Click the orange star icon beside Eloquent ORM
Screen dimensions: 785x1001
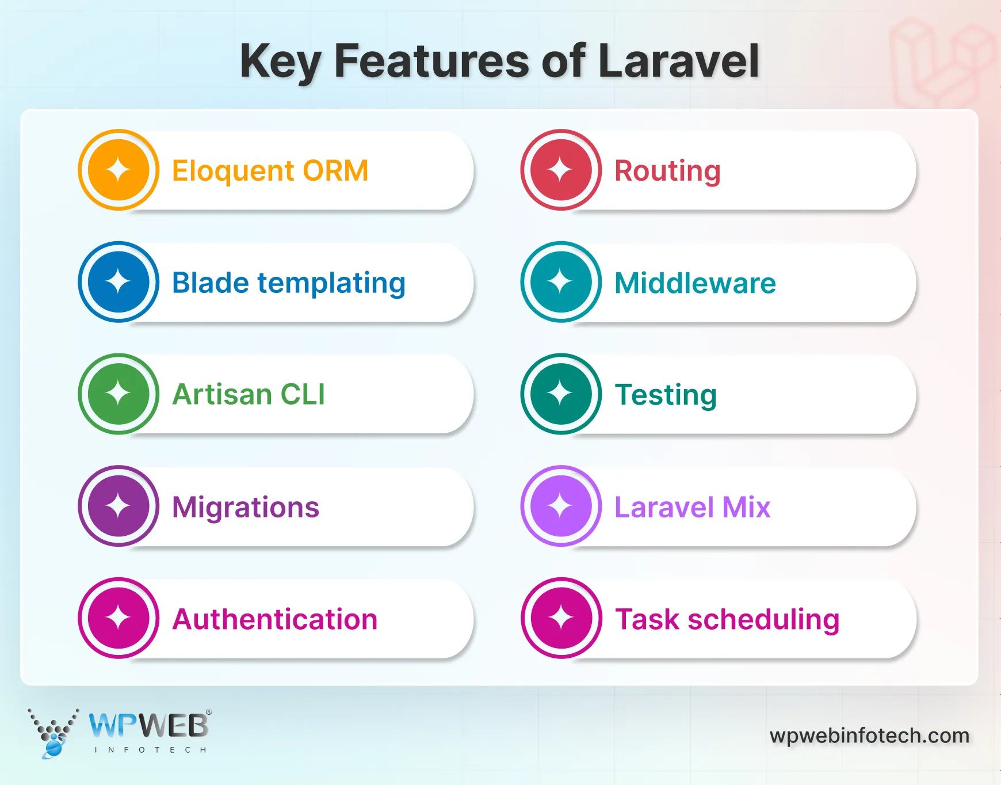click(119, 170)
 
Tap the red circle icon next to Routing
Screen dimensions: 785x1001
click(561, 170)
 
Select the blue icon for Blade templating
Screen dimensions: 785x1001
click(119, 282)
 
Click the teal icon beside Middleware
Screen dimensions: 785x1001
click(561, 282)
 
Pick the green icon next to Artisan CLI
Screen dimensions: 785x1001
click(119, 394)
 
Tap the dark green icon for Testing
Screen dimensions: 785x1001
click(561, 394)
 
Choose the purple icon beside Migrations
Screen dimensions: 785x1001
click(119, 506)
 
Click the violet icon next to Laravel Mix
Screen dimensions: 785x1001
click(561, 506)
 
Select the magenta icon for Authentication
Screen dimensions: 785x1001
click(119, 618)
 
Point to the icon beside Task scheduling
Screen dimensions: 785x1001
click(561, 618)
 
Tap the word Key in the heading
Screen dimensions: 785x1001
click(280, 62)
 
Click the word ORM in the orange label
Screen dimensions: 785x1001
click(335, 171)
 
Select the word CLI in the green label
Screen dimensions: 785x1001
click(303, 395)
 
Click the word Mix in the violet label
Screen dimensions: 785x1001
click(746, 508)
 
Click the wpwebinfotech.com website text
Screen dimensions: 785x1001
click(869, 736)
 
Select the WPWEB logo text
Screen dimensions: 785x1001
click(149, 726)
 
